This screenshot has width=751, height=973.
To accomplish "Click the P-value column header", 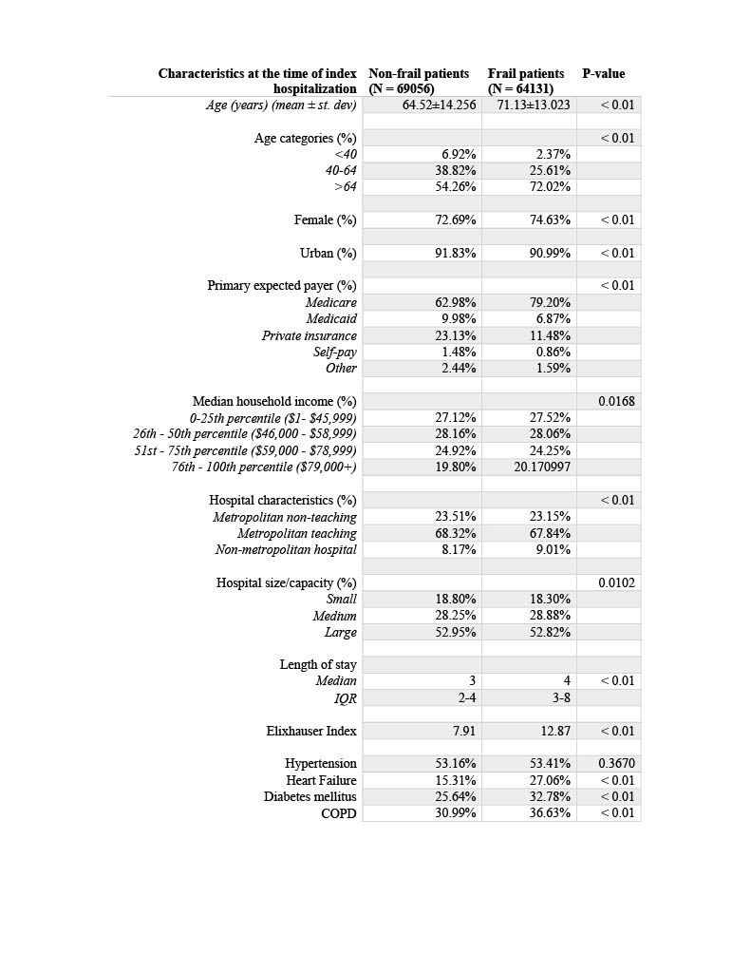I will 603,73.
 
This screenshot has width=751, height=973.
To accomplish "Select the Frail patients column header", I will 526,80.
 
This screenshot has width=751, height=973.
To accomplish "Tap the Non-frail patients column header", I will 418,80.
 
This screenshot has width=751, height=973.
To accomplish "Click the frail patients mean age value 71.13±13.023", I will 534,105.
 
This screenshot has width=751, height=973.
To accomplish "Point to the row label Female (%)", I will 326,219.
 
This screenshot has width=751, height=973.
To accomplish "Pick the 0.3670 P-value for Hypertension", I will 617,763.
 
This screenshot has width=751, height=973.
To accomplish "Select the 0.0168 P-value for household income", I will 617,401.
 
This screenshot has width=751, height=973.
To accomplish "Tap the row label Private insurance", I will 310,335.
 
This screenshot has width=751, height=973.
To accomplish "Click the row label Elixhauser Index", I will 311,731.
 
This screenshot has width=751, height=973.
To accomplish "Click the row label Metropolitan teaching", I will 297,533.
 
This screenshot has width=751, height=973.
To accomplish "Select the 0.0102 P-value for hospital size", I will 617,582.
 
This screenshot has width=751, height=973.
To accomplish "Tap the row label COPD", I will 339,812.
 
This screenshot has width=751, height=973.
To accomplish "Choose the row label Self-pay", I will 335,352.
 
